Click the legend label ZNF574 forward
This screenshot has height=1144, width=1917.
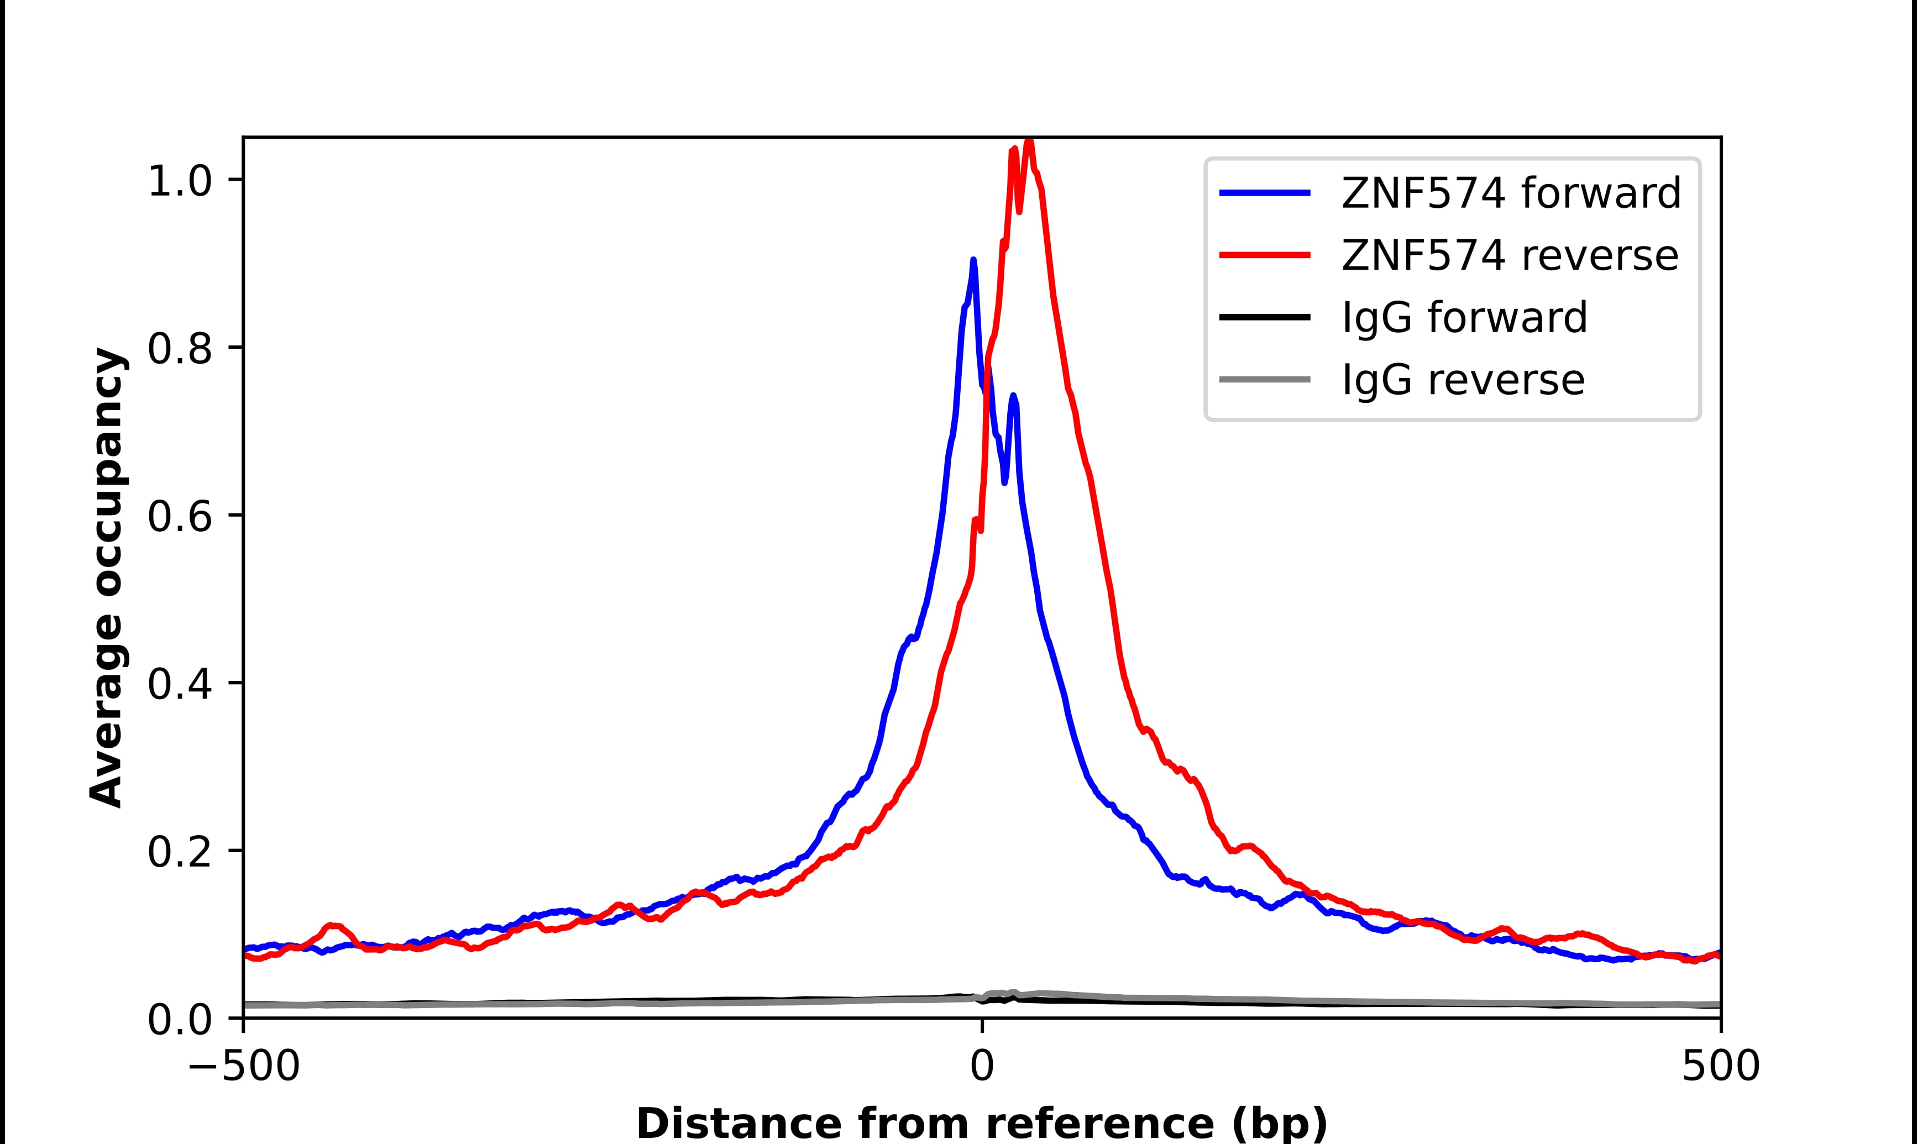pos(1511,193)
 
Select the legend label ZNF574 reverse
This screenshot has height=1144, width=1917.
pos(1509,255)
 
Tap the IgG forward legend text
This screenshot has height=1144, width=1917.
pos(1464,318)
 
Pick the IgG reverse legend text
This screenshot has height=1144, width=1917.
pos(1462,380)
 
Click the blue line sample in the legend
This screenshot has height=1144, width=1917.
pos(1264,193)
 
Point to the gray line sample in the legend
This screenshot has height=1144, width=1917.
pos(1264,379)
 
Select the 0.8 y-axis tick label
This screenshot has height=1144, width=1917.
pos(179,349)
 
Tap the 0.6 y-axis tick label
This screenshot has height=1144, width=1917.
pos(179,517)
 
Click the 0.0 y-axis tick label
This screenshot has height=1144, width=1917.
pos(179,1020)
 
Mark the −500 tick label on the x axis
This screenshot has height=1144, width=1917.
pos(244,1068)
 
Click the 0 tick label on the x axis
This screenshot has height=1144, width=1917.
pos(981,1068)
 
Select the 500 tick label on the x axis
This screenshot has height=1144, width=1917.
pos(1720,1068)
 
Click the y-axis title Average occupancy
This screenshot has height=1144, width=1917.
pos(106,578)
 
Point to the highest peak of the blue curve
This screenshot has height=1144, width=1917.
pos(973,260)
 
